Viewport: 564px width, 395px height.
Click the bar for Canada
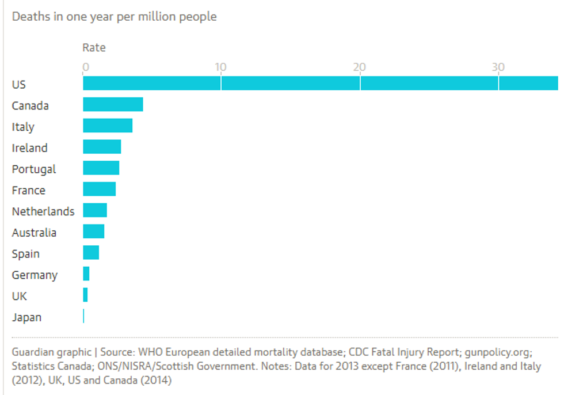113,105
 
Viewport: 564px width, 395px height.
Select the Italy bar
108,126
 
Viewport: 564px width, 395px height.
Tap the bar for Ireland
102,147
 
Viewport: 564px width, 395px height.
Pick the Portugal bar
101,168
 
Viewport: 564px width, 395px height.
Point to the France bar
99,189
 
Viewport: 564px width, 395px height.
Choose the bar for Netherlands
95,211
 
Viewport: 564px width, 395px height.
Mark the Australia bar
93,232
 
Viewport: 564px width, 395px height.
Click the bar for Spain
91,253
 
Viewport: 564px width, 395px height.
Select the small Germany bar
86,274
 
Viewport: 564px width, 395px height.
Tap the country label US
19,84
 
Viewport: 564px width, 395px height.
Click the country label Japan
26,317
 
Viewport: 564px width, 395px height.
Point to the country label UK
20,296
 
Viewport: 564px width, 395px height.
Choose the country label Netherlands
43,211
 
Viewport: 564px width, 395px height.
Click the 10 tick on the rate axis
220,67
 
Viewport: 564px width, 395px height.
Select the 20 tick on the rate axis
360,67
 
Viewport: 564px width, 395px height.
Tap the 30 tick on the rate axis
498,67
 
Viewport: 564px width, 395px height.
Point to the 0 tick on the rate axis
85,67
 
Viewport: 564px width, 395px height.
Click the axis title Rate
94,47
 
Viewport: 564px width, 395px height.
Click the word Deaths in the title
30,17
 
